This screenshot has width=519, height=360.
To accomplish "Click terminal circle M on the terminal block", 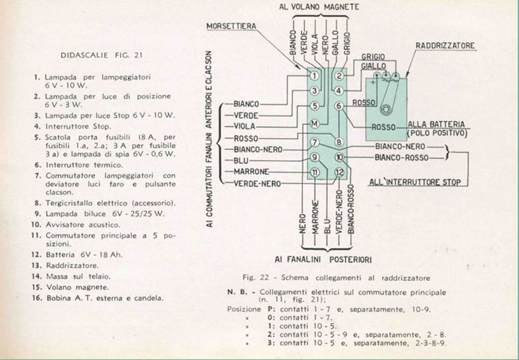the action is [315, 124].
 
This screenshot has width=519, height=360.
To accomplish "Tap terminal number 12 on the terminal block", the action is [339, 172].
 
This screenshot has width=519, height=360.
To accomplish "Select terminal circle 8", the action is [339, 142].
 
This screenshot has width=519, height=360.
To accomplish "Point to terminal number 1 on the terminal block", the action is [315, 76].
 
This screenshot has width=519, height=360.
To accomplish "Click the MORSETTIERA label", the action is [232, 26].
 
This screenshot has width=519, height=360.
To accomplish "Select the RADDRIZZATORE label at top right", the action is [445, 45].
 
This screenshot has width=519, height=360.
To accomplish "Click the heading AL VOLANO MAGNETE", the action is [319, 7].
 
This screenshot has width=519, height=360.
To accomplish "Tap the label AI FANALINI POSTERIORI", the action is [323, 259].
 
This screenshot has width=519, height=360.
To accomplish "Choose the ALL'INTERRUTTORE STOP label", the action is [415, 182].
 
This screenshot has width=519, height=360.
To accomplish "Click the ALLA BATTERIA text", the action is [436, 125].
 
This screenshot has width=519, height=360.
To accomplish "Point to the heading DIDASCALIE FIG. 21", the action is [102, 55].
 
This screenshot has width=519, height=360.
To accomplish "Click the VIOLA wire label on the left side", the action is [245, 126].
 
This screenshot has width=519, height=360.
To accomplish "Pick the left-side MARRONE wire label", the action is [251, 172].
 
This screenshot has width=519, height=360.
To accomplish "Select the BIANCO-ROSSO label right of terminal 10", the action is [402, 158].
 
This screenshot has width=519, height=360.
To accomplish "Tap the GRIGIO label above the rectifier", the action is [373, 57].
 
